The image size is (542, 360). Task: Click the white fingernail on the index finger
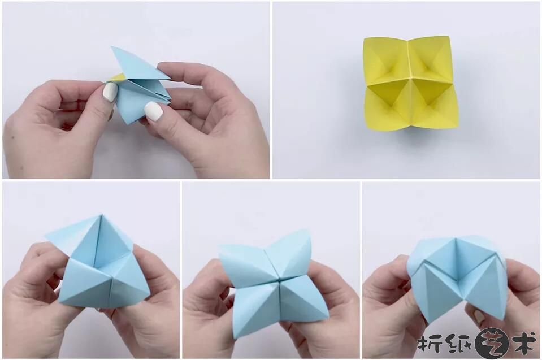click(x=110, y=93)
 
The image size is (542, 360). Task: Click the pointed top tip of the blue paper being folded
click(x=112, y=47)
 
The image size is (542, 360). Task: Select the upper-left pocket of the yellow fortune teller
click(x=387, y=61)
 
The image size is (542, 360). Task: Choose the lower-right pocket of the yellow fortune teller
click(x=432, y=103)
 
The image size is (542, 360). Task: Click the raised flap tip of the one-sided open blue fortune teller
click(x=49, y=236)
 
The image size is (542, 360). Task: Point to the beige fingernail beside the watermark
click(x=479, y=316)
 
